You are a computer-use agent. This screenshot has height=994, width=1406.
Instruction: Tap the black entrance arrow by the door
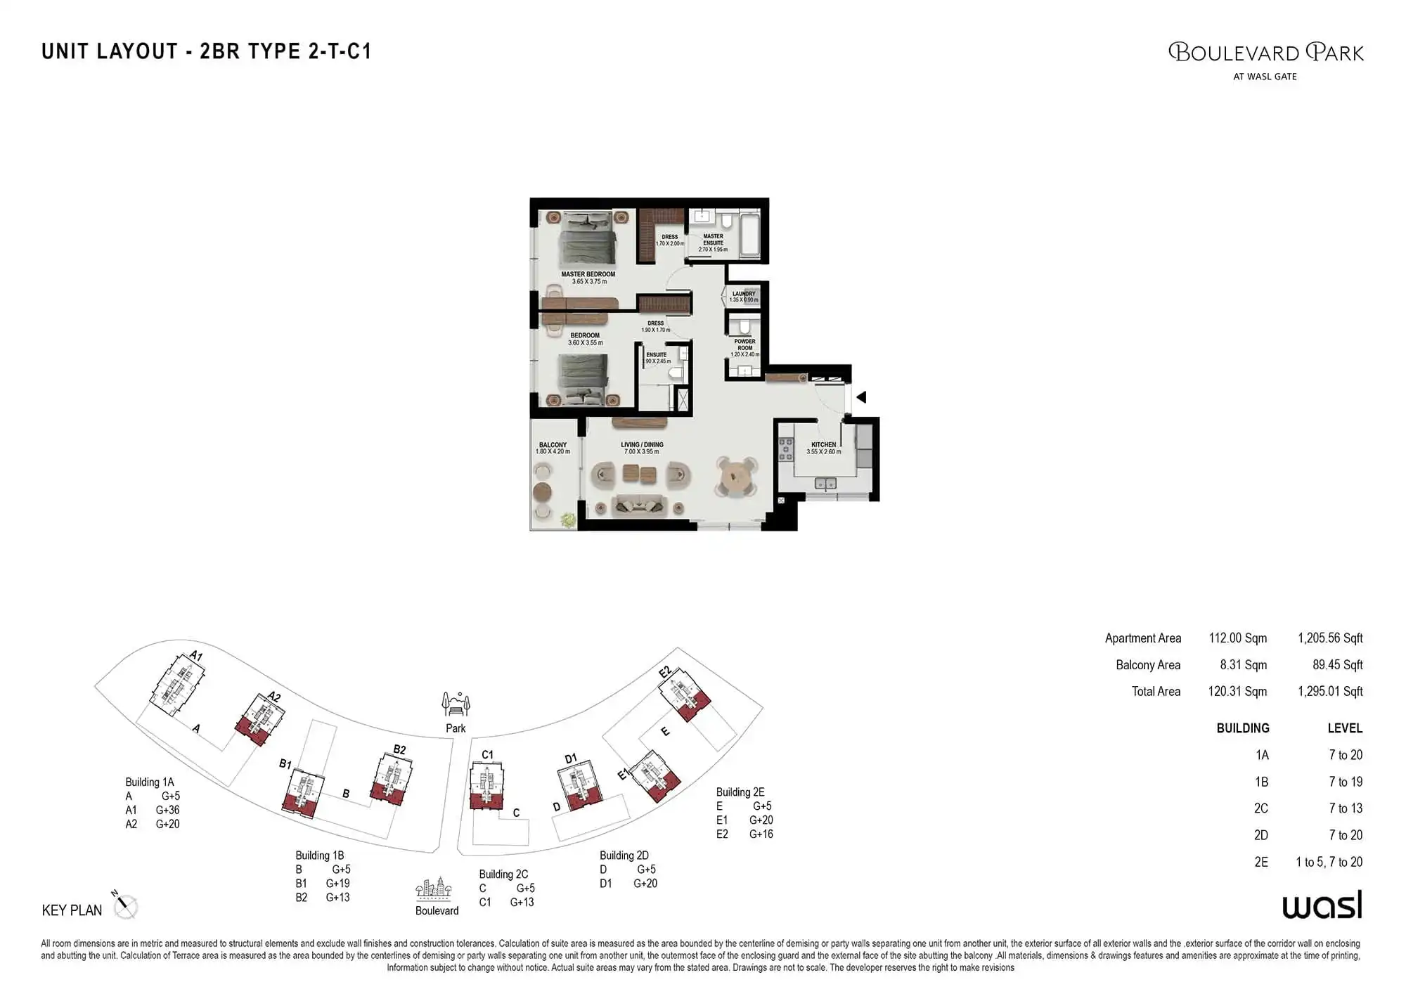pyautogui.click(x=860, y=397)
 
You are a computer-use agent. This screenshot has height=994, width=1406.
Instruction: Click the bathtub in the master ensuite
pyautogui.click(x=750, y=234)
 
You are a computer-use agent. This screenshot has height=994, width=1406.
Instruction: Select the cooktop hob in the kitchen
pyautogui.click(x=785, y=450)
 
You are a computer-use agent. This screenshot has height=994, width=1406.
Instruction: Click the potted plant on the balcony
pyautogui.click(x=567, y=519)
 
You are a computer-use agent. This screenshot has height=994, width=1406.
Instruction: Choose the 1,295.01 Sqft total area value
pyautogui.click(x=1329, y=691)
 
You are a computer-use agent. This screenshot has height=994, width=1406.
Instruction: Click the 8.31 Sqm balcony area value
pyautogui.click(x=1243, y=664)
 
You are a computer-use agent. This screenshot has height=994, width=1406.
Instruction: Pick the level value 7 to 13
pyautogui.click(x=1345, y=808)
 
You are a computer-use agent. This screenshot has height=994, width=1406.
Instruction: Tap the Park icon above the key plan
pyautogui.click(x=456, y=703)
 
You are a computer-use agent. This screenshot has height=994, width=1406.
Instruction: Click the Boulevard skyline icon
pyautogui.click(x=433, y=889)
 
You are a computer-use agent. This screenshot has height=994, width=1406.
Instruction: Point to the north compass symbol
pyautogui.click(x=125, y=906)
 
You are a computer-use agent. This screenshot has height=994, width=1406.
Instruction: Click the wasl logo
pyautogui.click(x=1322, y=905)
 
